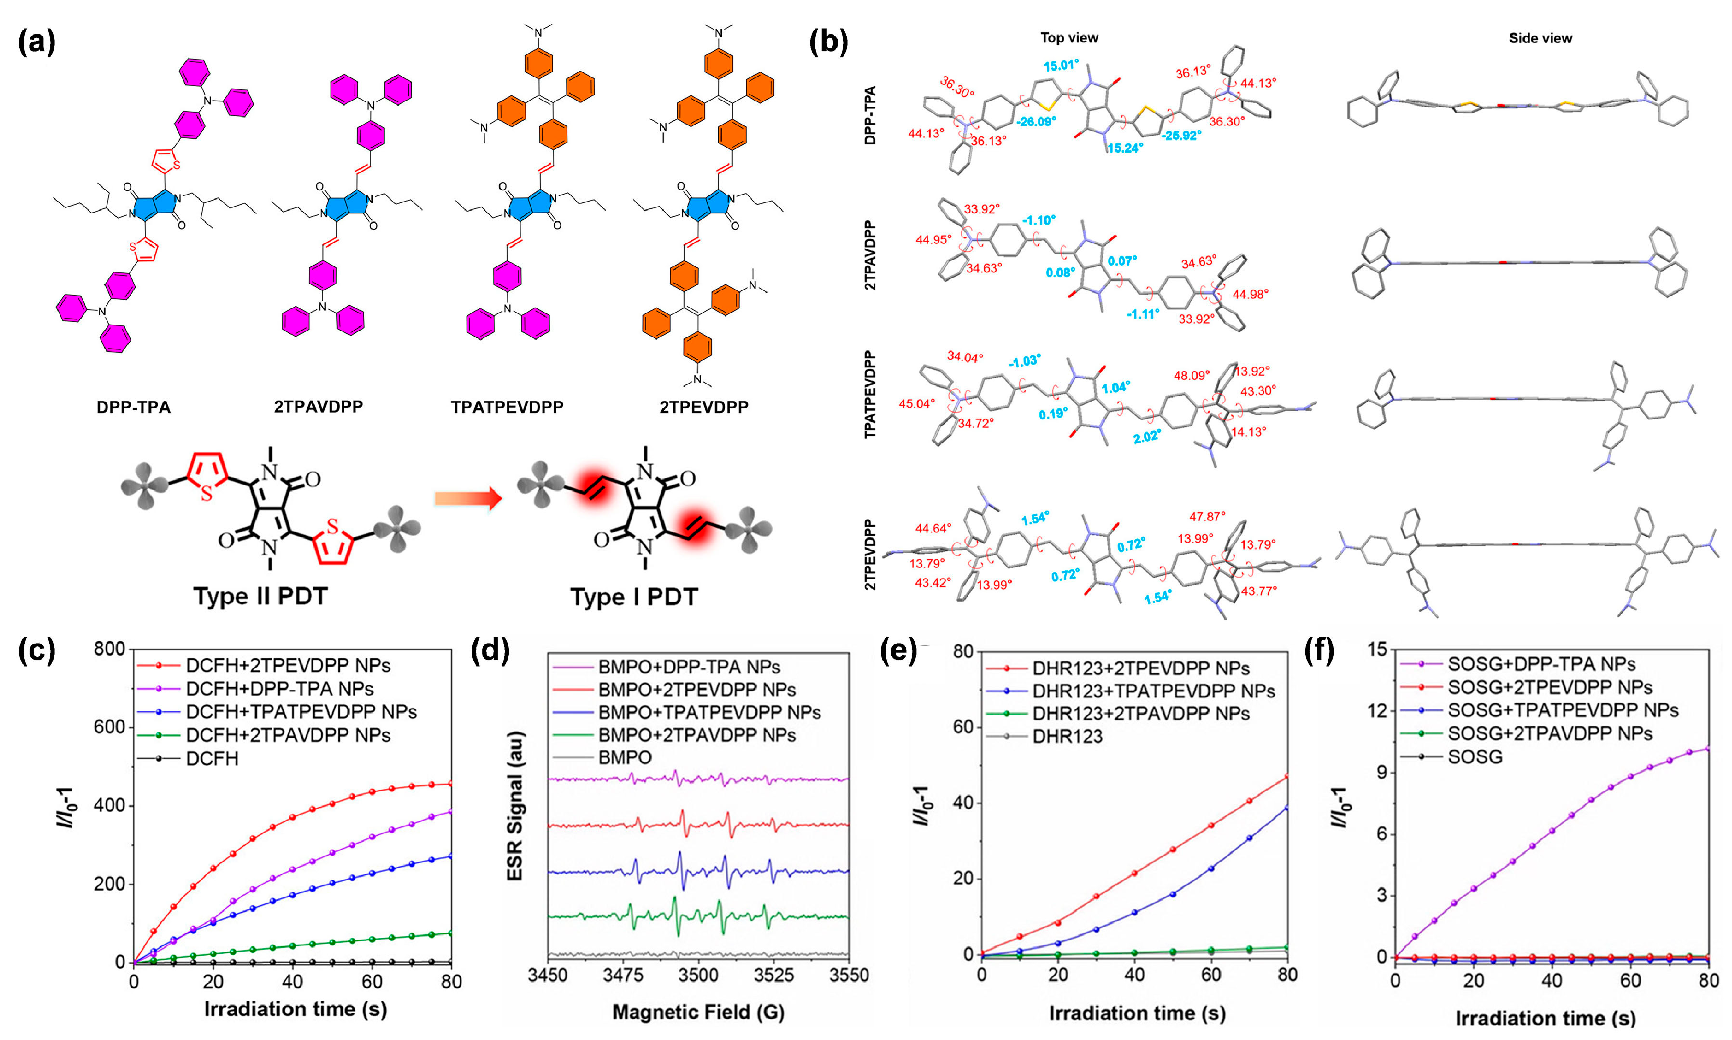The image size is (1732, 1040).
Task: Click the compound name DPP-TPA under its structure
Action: (x=133, y=407)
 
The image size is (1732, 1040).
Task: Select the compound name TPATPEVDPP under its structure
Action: (x=507, y=407)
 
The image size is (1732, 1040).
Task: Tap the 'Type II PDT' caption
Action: (x=260, y=597)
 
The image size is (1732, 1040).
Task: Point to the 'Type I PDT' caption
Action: (x=634, y=597)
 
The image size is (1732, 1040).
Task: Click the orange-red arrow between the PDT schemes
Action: (x=468, y=499)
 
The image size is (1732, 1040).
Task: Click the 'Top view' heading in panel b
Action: (x=1069, y=38)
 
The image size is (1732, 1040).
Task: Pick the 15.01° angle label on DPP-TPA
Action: (x=1061, y=66)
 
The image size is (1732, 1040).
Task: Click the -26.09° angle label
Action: (x=1036, y=121)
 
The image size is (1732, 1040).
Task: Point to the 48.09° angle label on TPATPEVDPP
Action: (x=1192, y=376)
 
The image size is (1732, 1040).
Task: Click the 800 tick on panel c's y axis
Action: (x=109, y=649)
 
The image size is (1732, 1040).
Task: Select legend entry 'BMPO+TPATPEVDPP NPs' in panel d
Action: (x=710, y=712)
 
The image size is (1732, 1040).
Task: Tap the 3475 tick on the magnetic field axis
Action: (x=623, y=976)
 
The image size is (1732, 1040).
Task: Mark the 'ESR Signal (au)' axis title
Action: (x=515, y=806)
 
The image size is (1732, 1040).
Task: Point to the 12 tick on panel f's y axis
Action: (x=1377, y=710)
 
